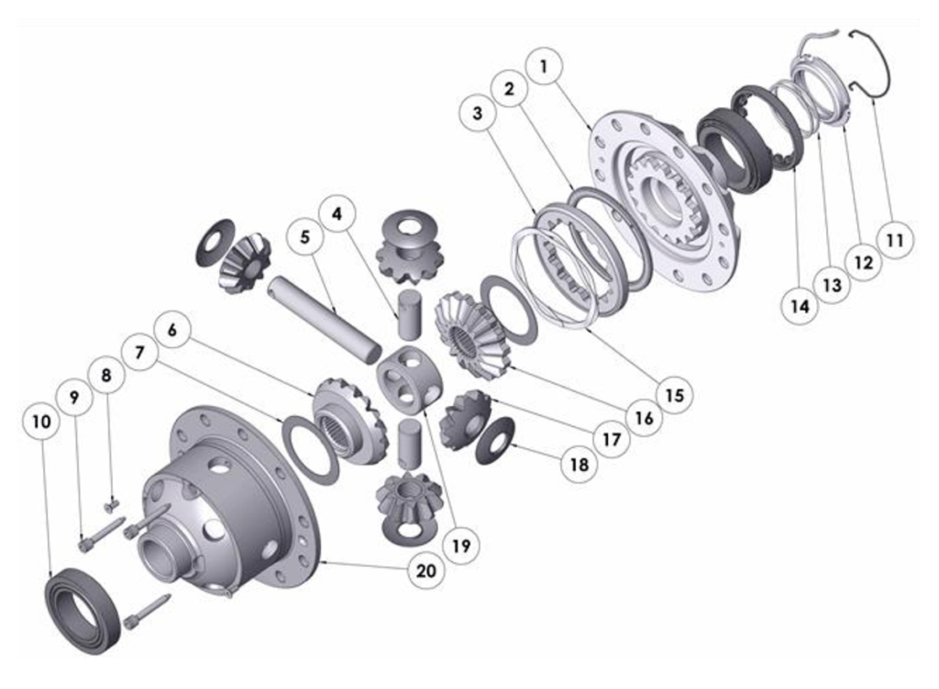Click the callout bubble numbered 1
[x=544, y=66]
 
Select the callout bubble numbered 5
[x=304, y=236]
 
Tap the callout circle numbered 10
[x=41, y=421]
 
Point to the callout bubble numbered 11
[x=895, y=240]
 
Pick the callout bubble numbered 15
[x=674, y=395]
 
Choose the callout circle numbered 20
[x=425, y=571]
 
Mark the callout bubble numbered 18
[x=580, y=465]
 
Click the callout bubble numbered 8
[x=106, y=376]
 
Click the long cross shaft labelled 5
[x=324, y=317]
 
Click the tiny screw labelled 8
[x=111, y=507]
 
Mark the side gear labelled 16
[x=470, y=334]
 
